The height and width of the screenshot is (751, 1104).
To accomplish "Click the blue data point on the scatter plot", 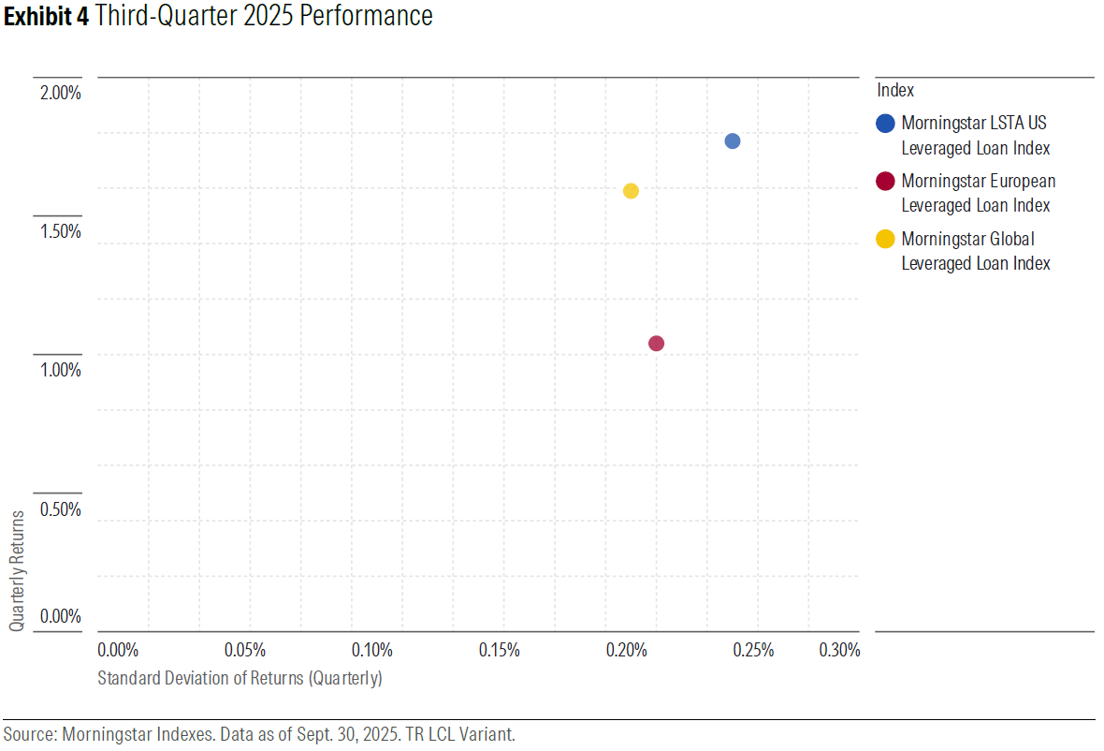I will [x=733, y=141].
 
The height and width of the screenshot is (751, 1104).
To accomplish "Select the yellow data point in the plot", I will [x=631, y=191].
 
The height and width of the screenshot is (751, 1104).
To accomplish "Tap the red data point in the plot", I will [x=656, y=344].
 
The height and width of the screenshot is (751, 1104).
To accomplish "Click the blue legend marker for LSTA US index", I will [x=886, y=124].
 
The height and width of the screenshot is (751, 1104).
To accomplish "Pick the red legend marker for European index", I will [x=886, y=182].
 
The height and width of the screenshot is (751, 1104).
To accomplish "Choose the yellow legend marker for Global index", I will [x=886, y=239].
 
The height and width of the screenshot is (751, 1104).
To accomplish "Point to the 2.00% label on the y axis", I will [x=61, y=93].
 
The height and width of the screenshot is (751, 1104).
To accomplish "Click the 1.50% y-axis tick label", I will [x=61, y=231].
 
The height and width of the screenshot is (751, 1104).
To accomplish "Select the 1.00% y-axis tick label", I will [x=61, y=370].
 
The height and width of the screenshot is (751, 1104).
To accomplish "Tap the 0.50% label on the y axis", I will [x=61, y=509].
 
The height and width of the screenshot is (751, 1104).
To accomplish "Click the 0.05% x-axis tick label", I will [x=246, y=650].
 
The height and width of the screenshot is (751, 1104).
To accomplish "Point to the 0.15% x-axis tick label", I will [x=500, y=650].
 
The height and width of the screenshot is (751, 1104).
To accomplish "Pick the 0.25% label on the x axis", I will [x=753, y=650].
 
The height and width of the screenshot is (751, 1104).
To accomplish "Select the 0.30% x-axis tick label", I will [x=838, y=650].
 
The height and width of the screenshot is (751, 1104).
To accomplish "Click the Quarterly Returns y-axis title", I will [x=18, y=570].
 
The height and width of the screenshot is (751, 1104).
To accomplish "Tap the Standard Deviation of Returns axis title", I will [x=240, y=678].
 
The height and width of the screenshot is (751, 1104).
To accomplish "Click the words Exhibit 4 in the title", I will [x=46, y=16].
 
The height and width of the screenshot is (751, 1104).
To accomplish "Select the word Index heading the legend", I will [x=895, y=91].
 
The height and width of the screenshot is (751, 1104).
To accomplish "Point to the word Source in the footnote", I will [x=29, y=734].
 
